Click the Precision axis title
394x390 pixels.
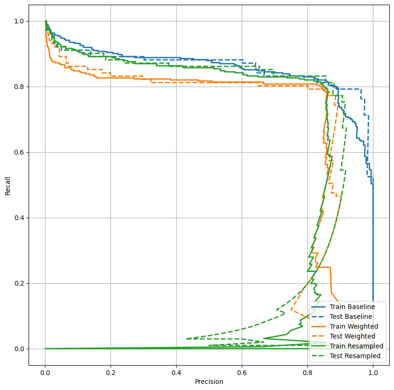click(x=209, y=382)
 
